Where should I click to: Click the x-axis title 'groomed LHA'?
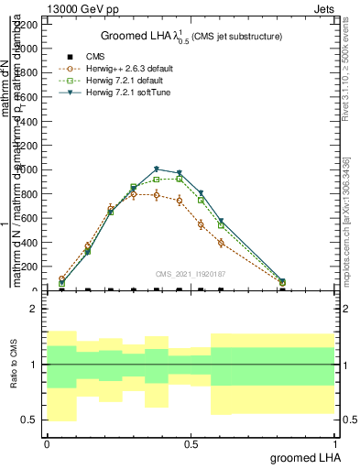304,456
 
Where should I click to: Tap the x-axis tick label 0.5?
191,442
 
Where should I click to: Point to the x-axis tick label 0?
47,442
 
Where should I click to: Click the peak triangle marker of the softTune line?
157,169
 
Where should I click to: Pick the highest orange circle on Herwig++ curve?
134,194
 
